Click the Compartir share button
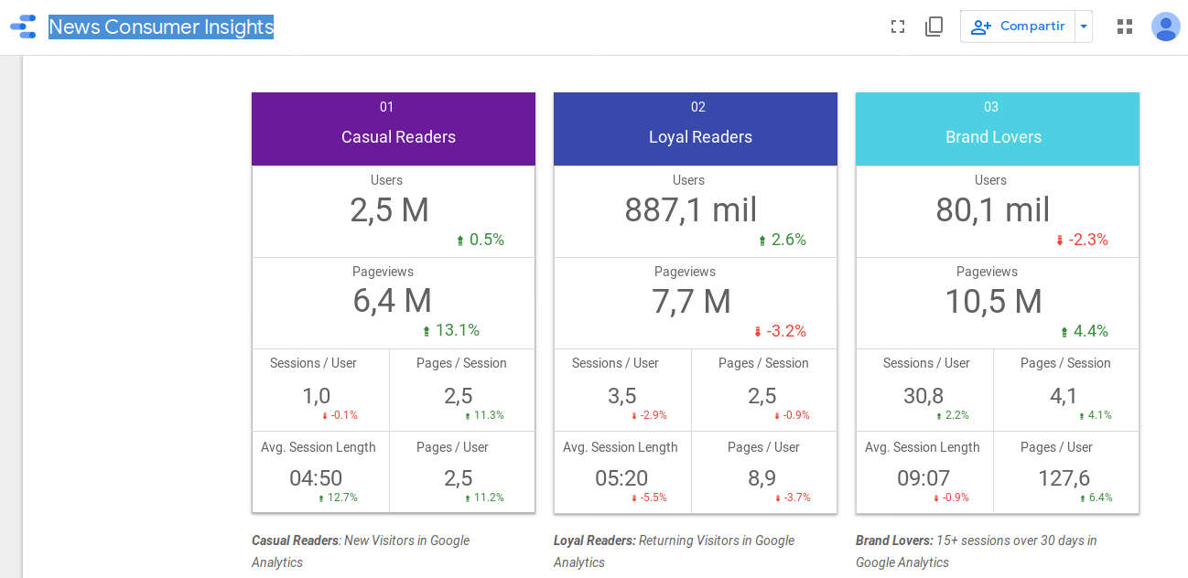(x=1018, y=27)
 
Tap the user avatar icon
(x=1165, y=27)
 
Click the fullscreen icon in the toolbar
(x=898, y=27)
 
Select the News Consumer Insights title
(x=161, y=27)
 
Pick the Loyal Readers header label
(x=700, y=136)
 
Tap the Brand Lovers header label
(x=993, y=136)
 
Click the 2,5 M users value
(x=389, y=210)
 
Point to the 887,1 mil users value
(x=691, y=210)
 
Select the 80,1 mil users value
(x=993, y=210)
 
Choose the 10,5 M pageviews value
(x=993, y=301)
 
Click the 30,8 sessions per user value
(x=923, y=396)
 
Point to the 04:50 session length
(x=316, y=478)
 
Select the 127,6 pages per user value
(x=1064, y=478)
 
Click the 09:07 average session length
(x=923, y=478)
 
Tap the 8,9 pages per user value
(x=761, y=478)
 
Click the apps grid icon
(x=1125, y=27)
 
